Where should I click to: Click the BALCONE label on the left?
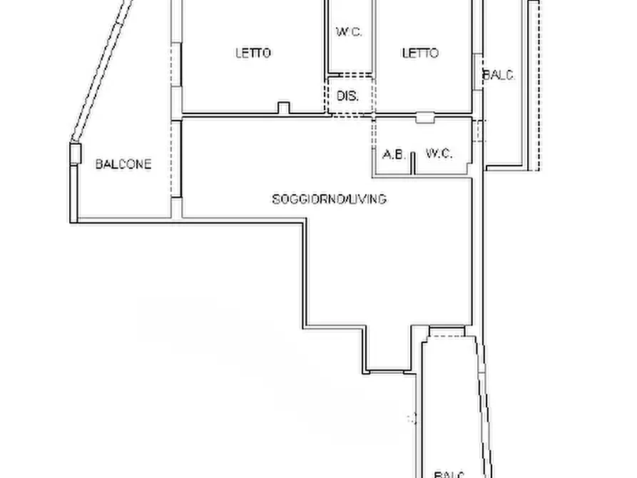point(123,164)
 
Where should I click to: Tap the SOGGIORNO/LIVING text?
point(329,199)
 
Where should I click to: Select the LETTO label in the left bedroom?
point(253,53)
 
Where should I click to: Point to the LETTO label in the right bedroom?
point(420,53)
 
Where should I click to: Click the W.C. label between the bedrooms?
point(350,31)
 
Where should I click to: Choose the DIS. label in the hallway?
point(348,96)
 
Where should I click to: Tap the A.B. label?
point(394,154)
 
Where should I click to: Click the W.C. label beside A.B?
point(439,153)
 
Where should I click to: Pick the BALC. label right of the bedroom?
point(499,75)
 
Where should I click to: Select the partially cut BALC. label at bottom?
point(449,474)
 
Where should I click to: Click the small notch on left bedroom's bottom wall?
point(284,108)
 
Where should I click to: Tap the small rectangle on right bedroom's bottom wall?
point(425,118)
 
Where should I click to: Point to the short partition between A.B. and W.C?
point(414,163)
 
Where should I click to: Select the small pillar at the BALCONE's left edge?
point(76,153)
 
